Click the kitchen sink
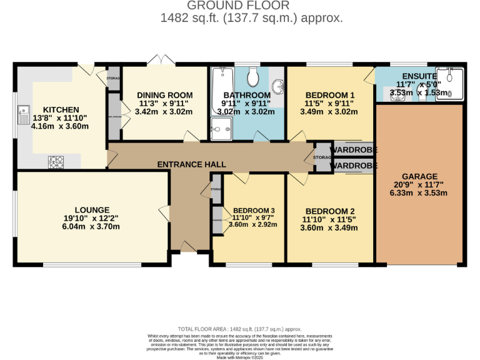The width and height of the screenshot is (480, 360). (x=24, y=114)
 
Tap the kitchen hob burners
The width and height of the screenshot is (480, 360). (x=57, y=162)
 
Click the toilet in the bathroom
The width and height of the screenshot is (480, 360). (x=253, y=77)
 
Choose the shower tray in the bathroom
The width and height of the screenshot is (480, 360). (x=220, y=131)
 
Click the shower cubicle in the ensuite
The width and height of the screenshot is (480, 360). (x=451, y=84)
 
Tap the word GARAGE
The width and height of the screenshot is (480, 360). (x=419, y=177)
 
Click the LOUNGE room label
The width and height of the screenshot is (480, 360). (x=92, y=210)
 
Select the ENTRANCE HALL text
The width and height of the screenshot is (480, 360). (x=191, y=164)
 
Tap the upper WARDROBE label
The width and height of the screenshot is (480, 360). (x=354, y=151)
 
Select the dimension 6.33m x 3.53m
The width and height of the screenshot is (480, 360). (x=419, y=193)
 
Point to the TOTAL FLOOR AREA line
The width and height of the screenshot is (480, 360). (x=239, y=329)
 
